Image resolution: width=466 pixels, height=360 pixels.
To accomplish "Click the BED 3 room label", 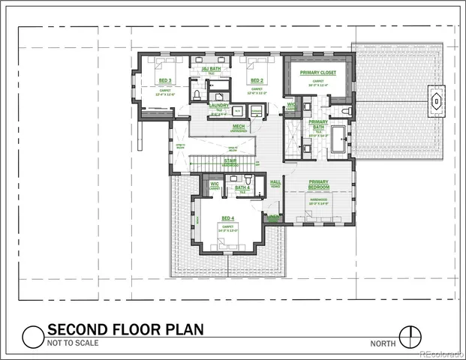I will point(165,80).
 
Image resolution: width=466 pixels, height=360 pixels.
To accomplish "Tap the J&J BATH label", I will point(212,69).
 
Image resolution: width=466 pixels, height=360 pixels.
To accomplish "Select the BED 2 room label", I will point(257,80).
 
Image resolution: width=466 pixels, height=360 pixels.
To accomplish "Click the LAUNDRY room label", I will point(218,106).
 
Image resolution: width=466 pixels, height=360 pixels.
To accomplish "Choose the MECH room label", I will point(239,126).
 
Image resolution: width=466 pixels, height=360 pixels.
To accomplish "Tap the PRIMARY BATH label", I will point(318,124).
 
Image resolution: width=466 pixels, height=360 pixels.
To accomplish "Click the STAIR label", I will point(229,160).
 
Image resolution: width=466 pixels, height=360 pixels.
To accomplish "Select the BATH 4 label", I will point(242,188).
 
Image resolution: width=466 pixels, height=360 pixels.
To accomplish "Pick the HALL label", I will point(275,181).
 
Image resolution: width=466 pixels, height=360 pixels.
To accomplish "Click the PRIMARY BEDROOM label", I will point(318,184).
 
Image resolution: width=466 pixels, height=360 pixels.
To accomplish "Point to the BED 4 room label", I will point(227,218).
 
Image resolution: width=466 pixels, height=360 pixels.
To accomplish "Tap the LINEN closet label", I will point(274,218).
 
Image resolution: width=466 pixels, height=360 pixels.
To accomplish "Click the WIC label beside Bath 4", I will point(215,184).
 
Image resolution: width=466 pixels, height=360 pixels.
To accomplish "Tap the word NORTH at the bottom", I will point(383,343).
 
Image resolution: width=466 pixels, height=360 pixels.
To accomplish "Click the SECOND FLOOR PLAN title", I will point(125,329).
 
